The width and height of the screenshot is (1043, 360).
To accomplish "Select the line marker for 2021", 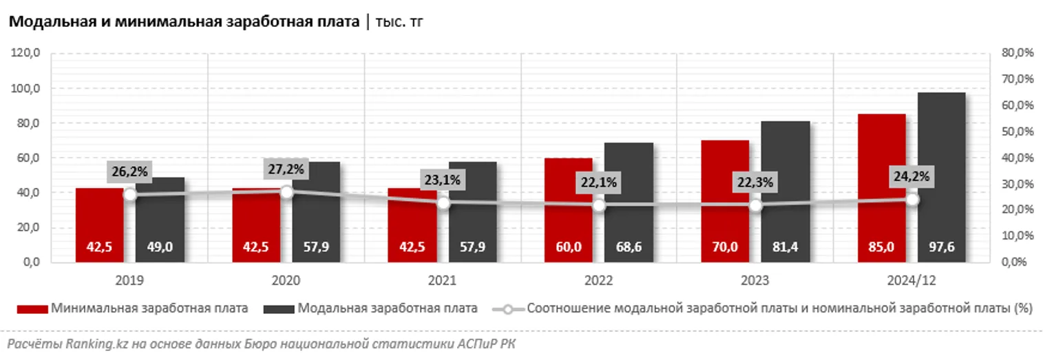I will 443,203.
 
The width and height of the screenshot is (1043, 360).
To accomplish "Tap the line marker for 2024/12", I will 912,200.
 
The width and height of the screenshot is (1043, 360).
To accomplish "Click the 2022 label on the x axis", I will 598,281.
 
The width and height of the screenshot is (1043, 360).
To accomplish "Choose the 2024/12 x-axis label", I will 912,281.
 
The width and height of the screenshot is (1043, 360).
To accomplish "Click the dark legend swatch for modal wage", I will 278,309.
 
